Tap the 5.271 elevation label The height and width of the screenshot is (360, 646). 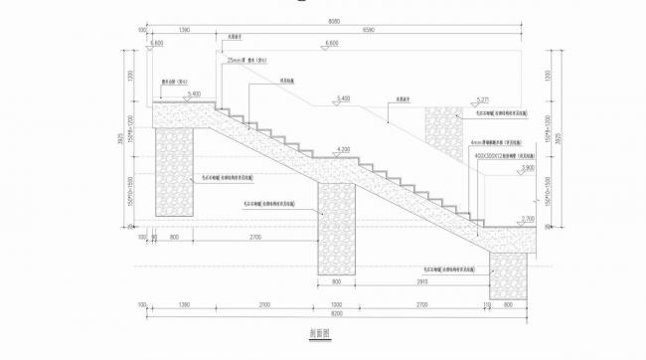point(484,99)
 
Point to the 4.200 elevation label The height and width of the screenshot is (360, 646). point(345,149)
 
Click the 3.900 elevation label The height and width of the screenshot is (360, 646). point(527,168)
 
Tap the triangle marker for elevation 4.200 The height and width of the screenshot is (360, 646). point(345,156)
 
